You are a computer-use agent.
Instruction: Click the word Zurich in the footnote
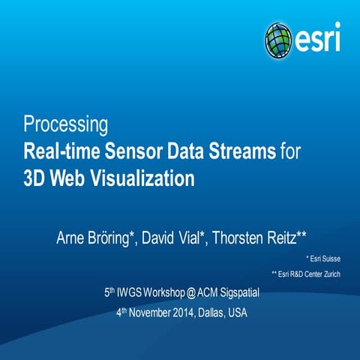coord(331,274)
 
